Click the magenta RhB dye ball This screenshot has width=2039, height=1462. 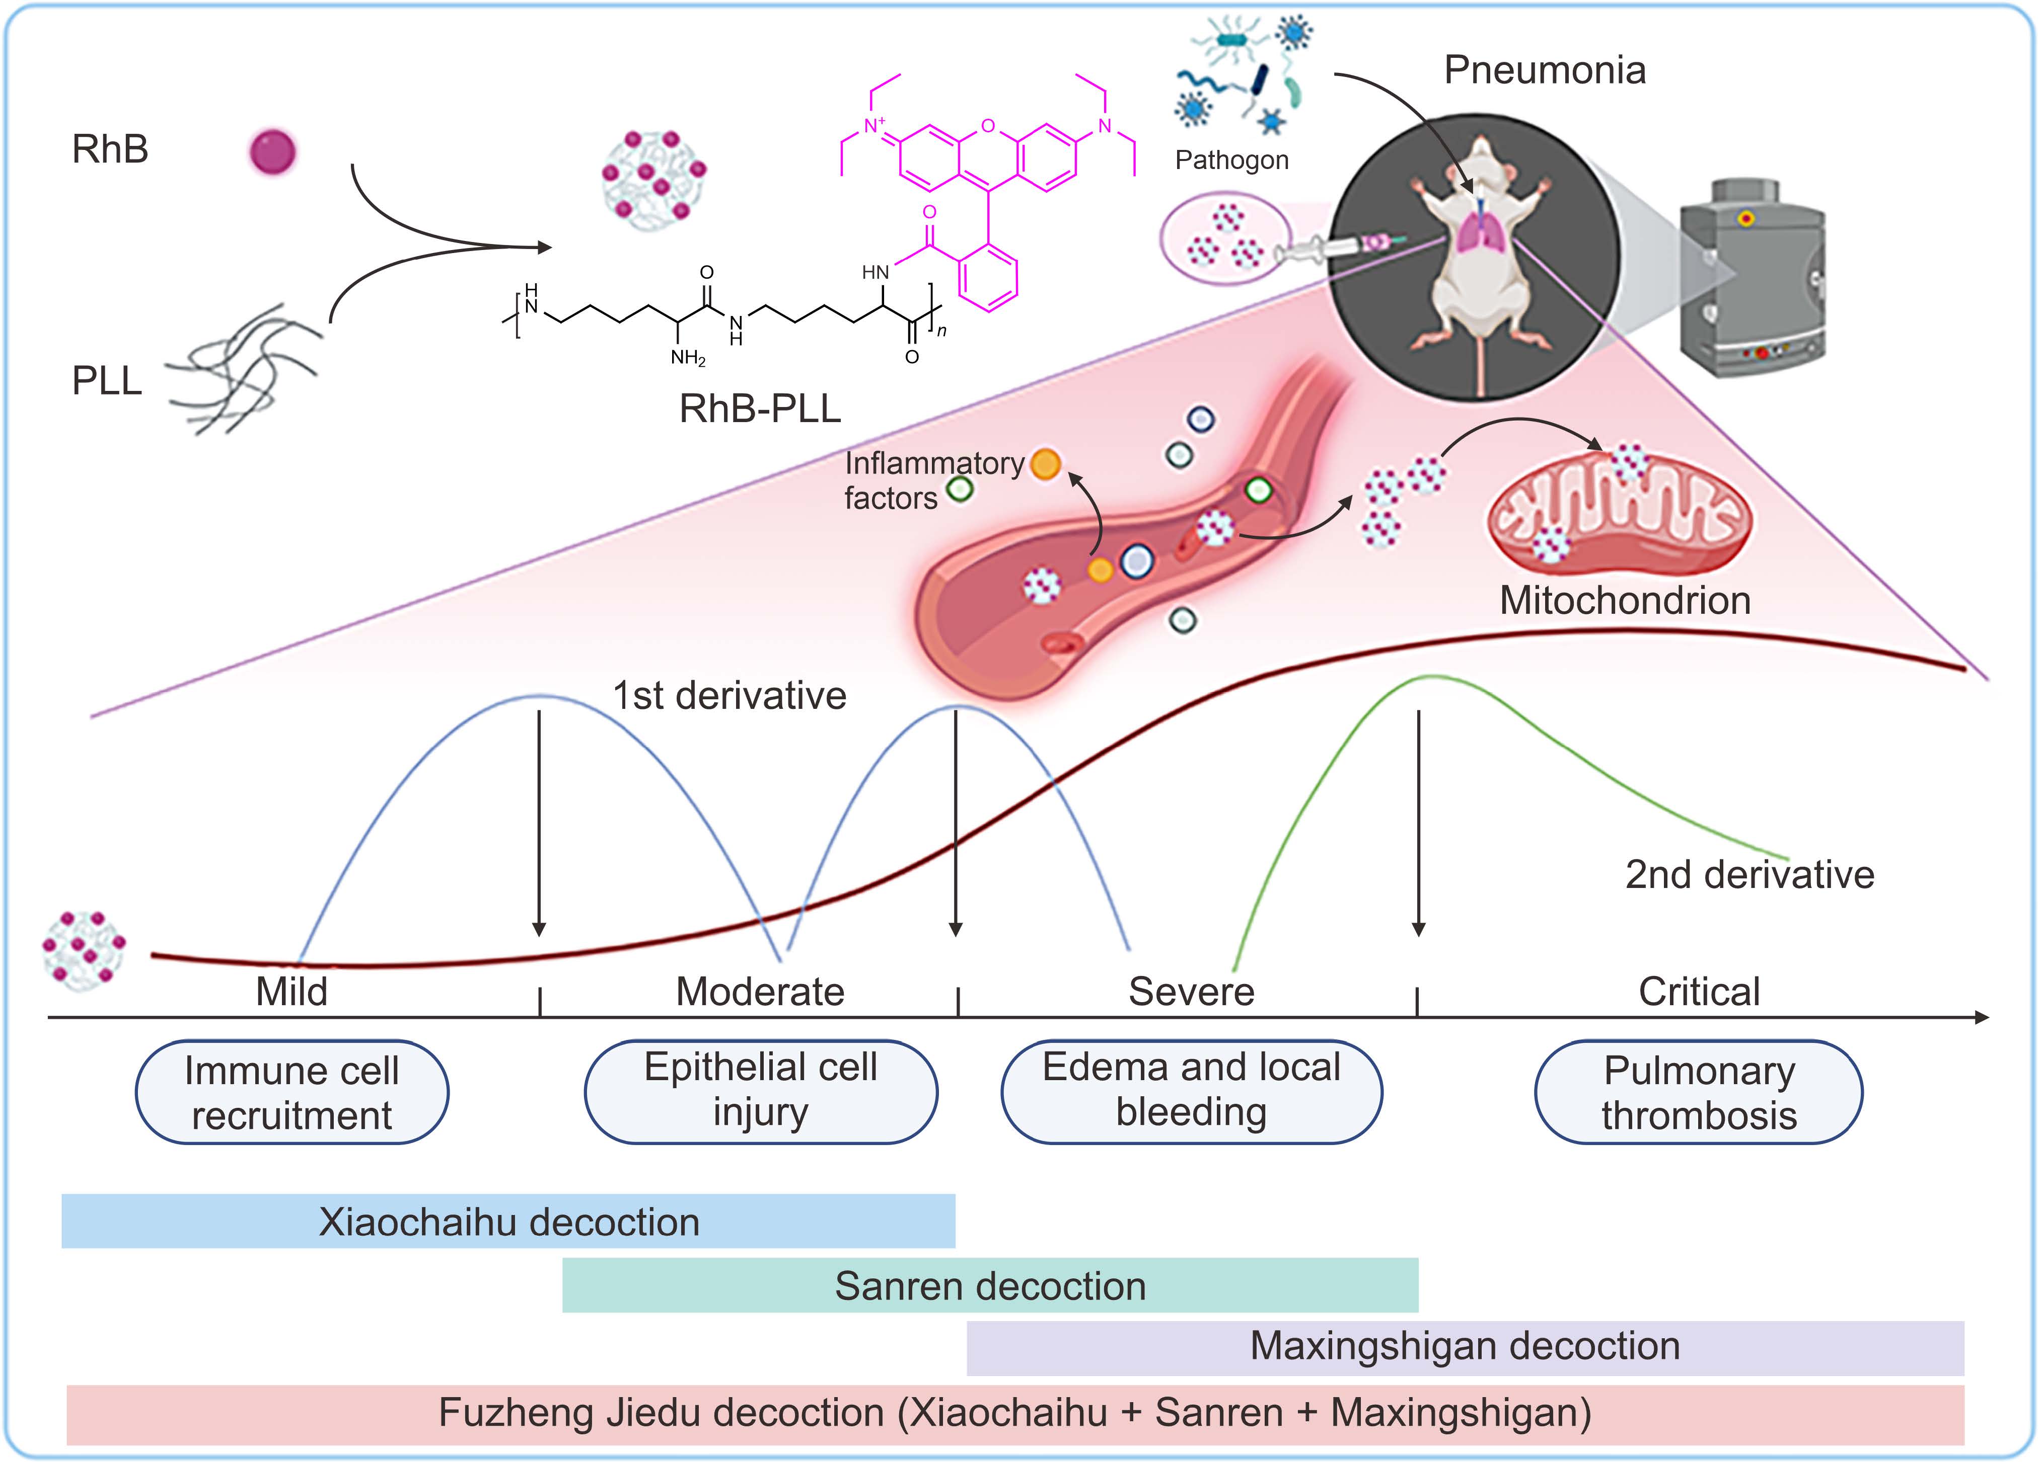click(272, 151)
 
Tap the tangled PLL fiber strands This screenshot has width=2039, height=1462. click(243, 368)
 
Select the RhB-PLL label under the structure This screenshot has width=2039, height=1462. click(760, 409)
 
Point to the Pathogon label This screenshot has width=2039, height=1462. click(1231, 160)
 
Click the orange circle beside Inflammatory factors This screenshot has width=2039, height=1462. click(1045, 464)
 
